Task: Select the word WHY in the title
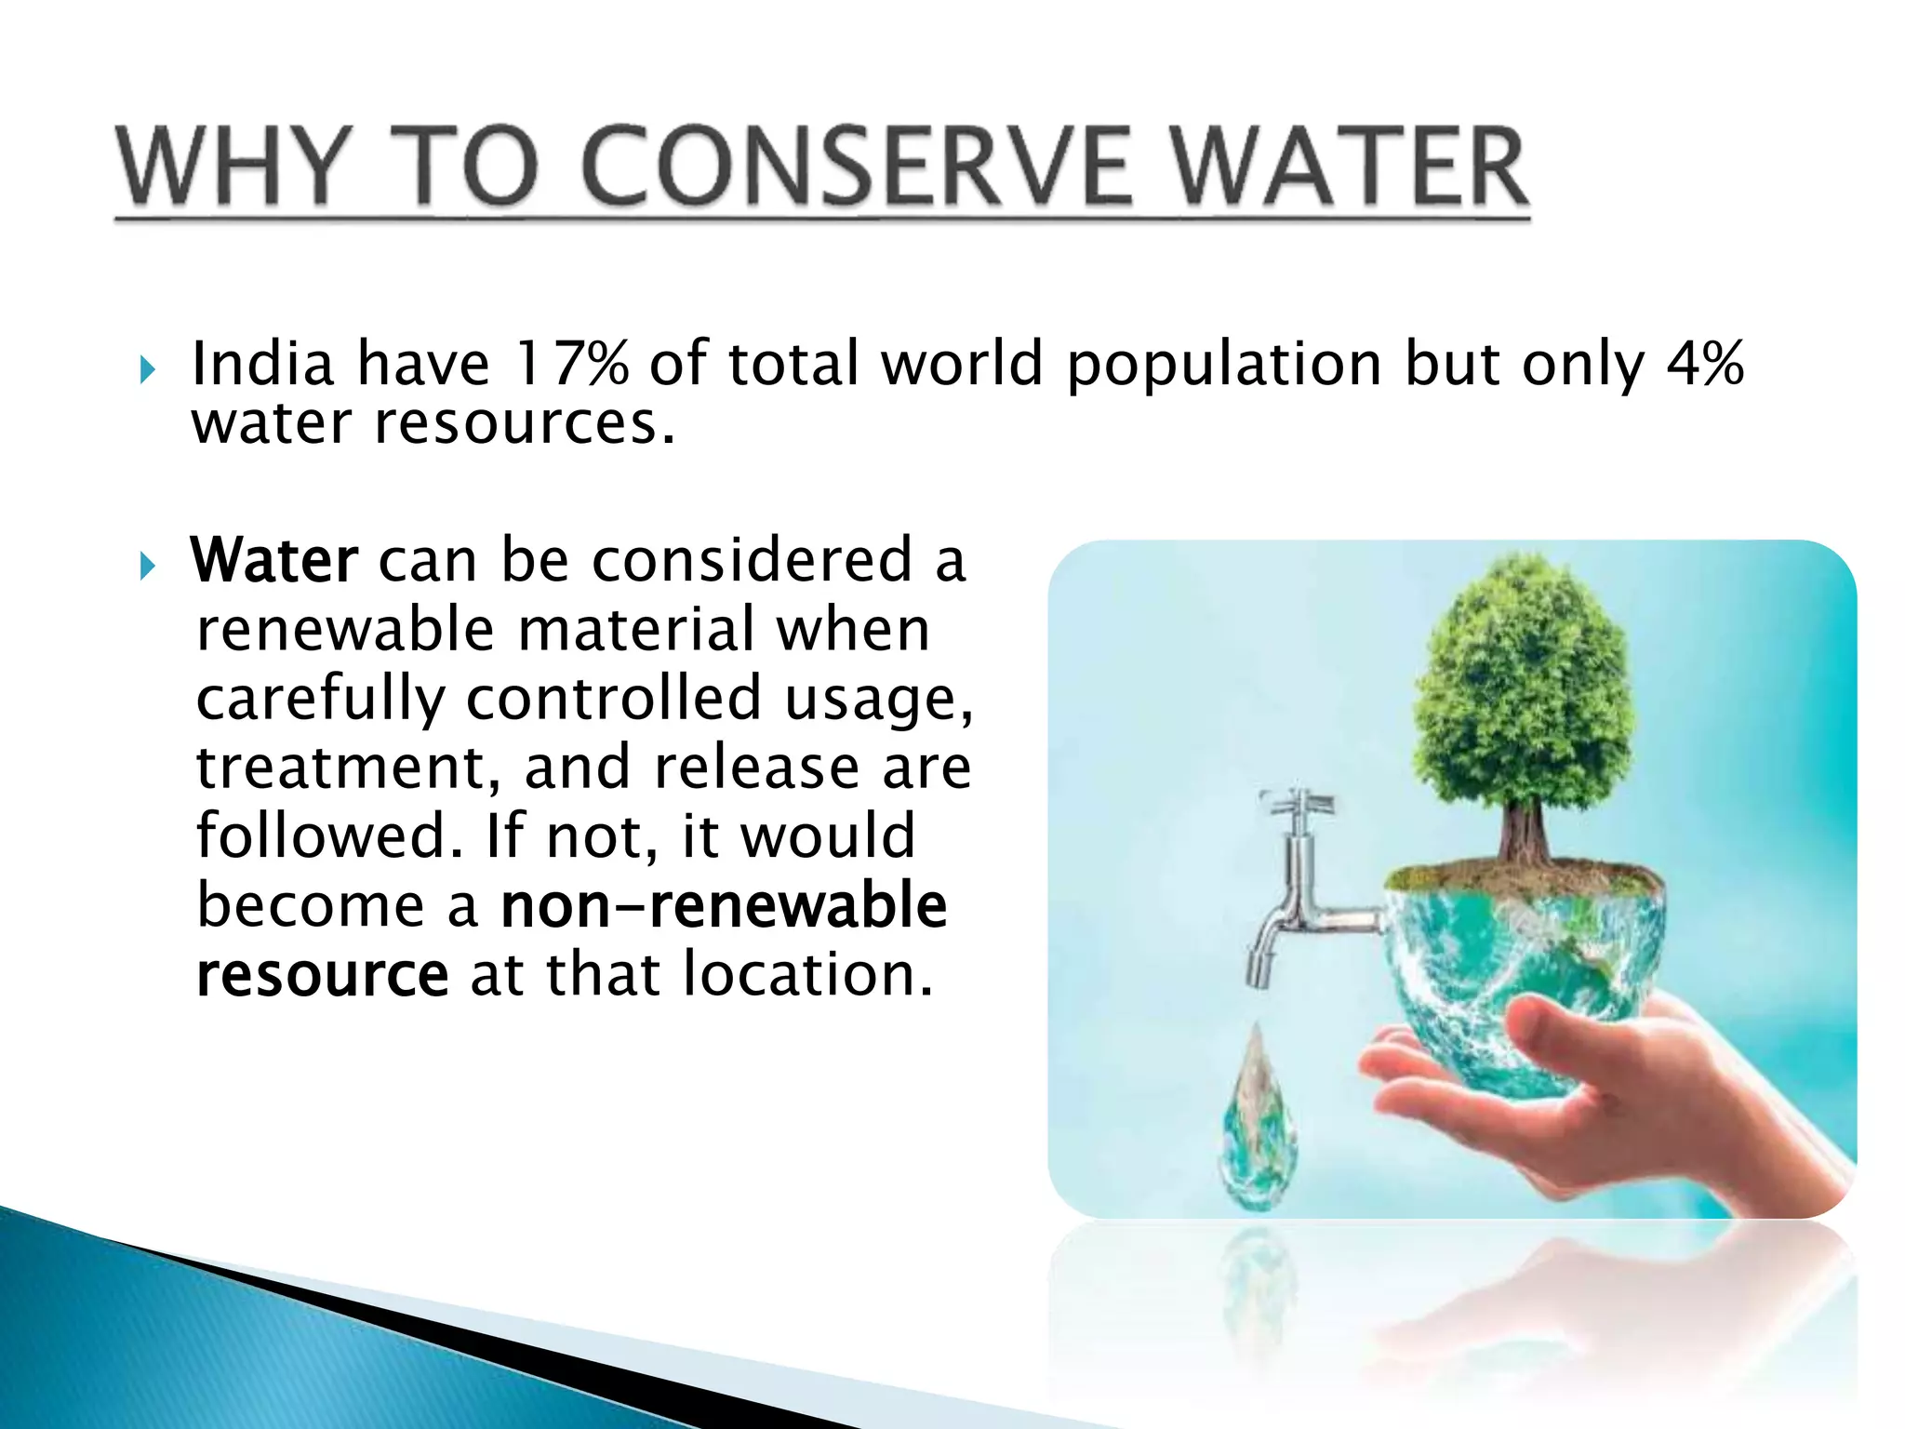pyautogui.click(x=234, y=167)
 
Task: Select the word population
pyautogui.click(x=1224, y=365)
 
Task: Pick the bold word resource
pyautogui.click(x=323, y=974)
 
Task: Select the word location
pyautogui.click(x=806, y=974)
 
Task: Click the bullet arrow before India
pyautogui.click(x=148, y=370)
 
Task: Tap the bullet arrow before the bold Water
pyautogui.click(x=148, y=565)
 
